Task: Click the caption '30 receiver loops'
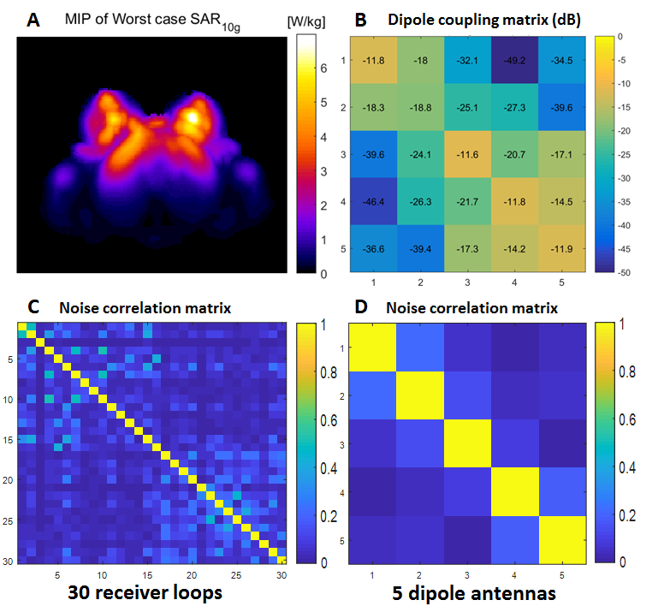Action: tap(150, 591)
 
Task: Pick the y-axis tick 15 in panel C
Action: tap(9, 440)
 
